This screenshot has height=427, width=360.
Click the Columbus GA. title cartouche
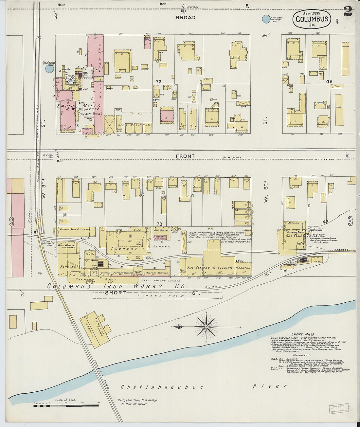pyautogui.click(x=312, y=19)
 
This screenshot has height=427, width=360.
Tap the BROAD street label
pyautogui.click(x=186, y=17)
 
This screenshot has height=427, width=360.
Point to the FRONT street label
pyautogui.click(x=185, y=156)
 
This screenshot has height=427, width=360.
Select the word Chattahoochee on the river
pyautogui.click(x=162, y=387)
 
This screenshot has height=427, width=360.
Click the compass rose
pyautogui.click(x=206, y=326)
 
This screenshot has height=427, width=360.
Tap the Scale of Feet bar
pyautogui.click(x=65, y=405)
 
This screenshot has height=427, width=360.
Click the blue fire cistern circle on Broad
pyautogui.click(x=266, y=19)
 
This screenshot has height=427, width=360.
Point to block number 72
pyautogui.click(x=159, y=81)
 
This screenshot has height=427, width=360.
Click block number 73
pyautogui.click(x=159, y=224)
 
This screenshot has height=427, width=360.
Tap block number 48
pyautogui.click(x=329, y=81)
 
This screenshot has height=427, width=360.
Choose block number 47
pyautogui.click(x=325, y=222)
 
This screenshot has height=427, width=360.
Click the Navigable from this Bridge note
pyautogui.click(x=137, y=402)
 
